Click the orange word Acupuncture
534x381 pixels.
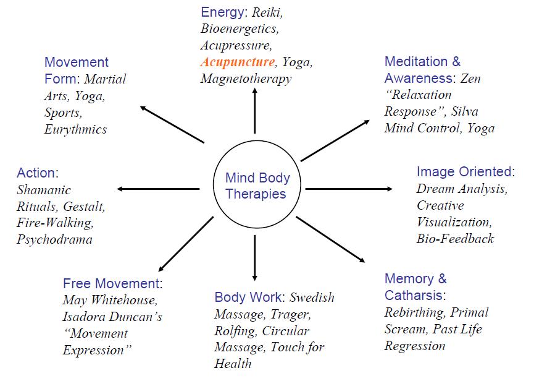tap(237, 62)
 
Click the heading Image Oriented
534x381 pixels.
tap(464, 172)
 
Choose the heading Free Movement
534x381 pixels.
tap(111, 284)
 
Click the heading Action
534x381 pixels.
tap(36, 173)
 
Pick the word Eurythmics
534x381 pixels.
tap(75, 129)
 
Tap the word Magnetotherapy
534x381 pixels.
tap(246, 79)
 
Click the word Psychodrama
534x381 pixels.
tap(54, 240)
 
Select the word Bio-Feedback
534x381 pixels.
tap(455, 239)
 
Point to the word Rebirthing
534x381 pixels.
tap(413, 312)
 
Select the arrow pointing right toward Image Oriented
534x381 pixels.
tap(349, 188)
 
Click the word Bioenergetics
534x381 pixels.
tap(240, 28)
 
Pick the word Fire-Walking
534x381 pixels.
tap(54, 223)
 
